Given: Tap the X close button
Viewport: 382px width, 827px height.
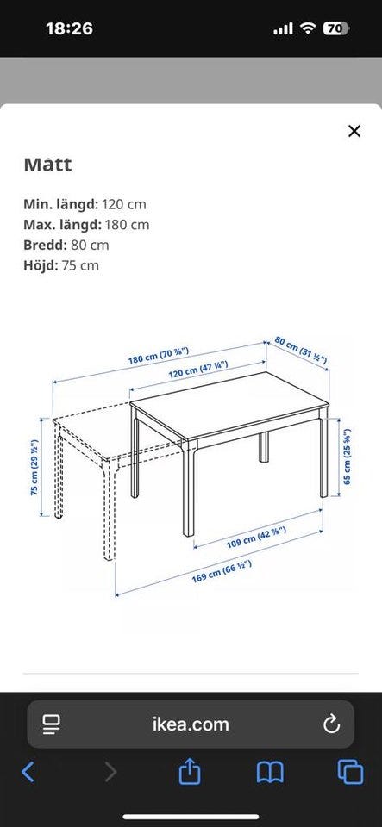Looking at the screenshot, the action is click(354, 131).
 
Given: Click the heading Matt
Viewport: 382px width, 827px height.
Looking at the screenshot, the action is click(47, 165).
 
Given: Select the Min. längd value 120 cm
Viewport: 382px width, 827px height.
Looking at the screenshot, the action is click(124, 204).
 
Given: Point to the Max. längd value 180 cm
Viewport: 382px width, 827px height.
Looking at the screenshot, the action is click(126, 225).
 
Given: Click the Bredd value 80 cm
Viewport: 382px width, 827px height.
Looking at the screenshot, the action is click(90, 245).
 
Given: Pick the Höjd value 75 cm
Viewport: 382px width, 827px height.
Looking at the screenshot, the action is click(80, 265).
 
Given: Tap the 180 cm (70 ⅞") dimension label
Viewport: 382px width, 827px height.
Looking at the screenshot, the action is click(159, 356).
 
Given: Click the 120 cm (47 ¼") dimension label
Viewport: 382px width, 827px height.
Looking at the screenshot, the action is click(197, 370).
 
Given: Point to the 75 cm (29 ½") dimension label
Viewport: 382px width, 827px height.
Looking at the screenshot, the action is click(34, 467).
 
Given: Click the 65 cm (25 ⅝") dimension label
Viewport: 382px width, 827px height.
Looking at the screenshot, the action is click(347, 457).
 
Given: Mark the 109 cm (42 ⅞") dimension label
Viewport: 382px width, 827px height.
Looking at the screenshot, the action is click(256, 537).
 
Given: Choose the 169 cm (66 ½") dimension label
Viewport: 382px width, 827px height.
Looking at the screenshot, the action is click(222, 571).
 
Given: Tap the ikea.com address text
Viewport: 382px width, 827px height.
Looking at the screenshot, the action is click(191, 724).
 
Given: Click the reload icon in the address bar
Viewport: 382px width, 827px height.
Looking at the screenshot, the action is click(331, 724).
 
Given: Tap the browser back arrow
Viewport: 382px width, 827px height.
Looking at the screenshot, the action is click(28, 772).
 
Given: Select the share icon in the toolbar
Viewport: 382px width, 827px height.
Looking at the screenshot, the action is click(190, 772).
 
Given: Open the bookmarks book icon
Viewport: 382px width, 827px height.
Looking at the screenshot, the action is click(270, 773).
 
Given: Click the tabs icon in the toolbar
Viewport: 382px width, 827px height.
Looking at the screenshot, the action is click(350, 772).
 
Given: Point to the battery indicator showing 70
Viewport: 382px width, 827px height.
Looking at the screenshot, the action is click(335, 29).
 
